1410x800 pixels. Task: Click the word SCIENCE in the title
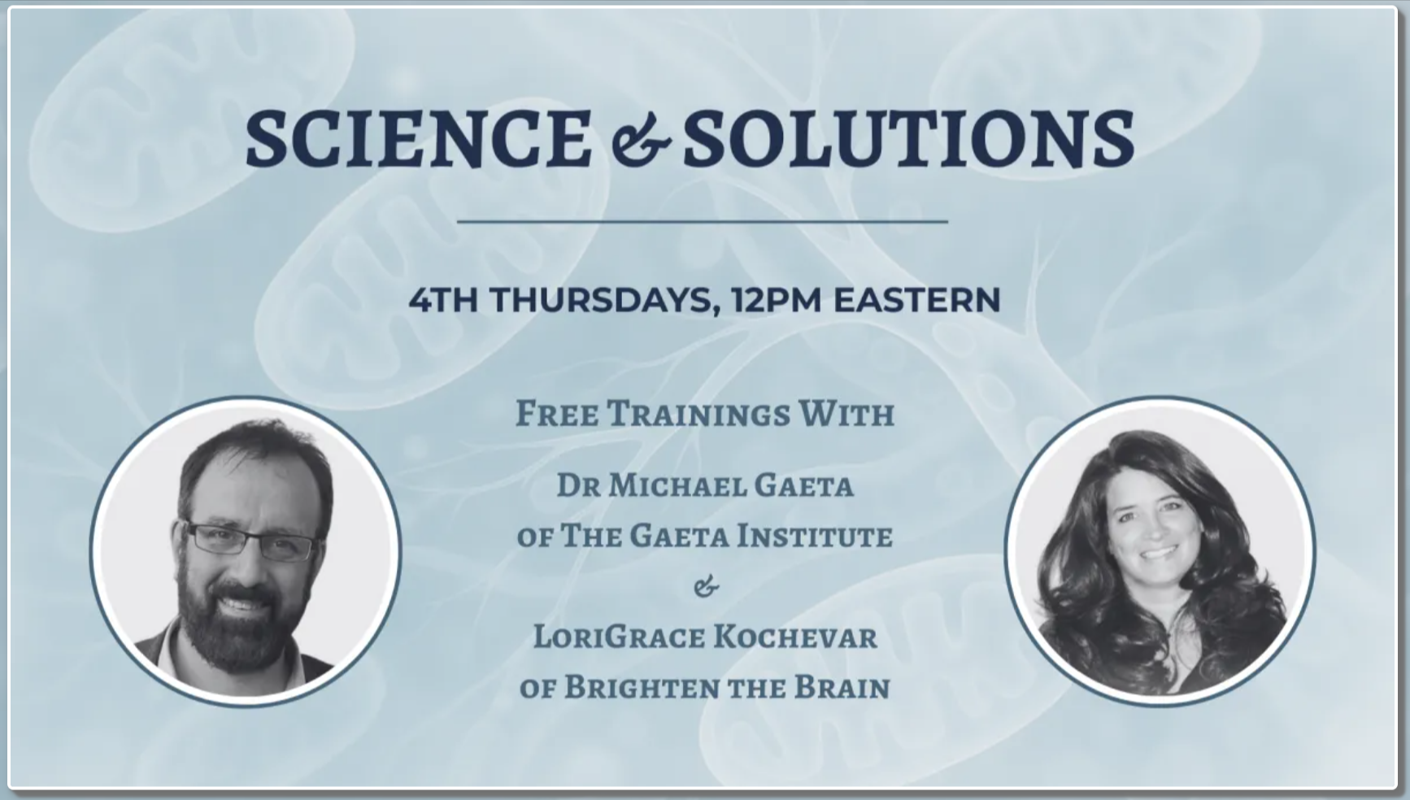point(419,138)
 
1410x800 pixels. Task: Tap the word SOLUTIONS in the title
point(908,138)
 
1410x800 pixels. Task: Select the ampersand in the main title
point(640,142)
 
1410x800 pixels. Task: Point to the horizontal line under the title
point(703,221)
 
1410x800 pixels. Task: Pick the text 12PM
point(776,300)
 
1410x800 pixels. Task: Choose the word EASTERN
point(916,300)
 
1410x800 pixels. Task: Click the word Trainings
point(698,415)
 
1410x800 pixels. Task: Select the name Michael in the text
point(677,486)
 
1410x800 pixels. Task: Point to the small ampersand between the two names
point(707,585)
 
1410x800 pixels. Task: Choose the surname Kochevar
point(794,637)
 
